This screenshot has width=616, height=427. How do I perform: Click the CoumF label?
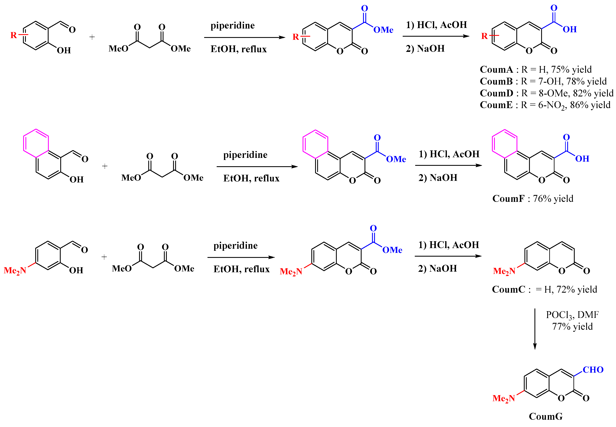click(x=508, y=199)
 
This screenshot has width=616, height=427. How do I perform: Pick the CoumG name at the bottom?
click(x=545, y=416)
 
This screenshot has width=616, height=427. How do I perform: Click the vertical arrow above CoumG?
click(x=535, y=329)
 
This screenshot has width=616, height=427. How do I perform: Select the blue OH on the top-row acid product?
click(x=569, y=29)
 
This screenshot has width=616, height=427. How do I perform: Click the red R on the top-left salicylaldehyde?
click(x=13, y=35)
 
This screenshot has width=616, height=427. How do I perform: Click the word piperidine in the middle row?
click(x=245, y=155)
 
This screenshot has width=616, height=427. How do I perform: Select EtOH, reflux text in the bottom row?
click(x=241, y=269)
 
